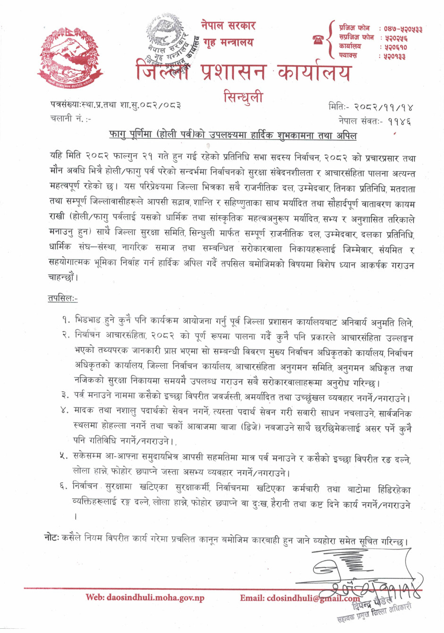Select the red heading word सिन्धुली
click(x=243, y=97)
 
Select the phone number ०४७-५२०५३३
click(x=403, y=29)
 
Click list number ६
click(x=65, y=486)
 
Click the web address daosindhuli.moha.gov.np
click(x=145, y=598)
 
